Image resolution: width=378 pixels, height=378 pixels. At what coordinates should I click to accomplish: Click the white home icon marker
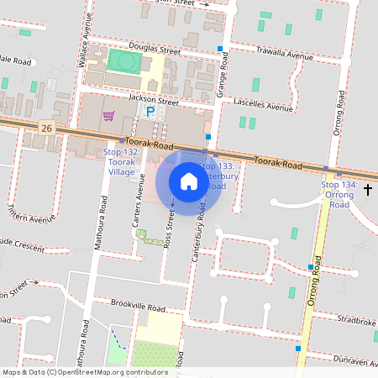click(188, 181)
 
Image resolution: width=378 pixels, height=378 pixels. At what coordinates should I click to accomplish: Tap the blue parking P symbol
click(151, 112)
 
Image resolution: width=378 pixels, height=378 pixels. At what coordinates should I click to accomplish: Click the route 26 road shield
click(47, 128)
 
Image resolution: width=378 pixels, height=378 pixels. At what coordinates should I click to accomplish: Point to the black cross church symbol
click(368, 190)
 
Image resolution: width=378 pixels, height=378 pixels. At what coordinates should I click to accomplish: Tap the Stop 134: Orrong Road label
click(339, 194)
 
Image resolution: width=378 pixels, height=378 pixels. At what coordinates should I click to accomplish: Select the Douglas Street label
click(150, 51)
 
